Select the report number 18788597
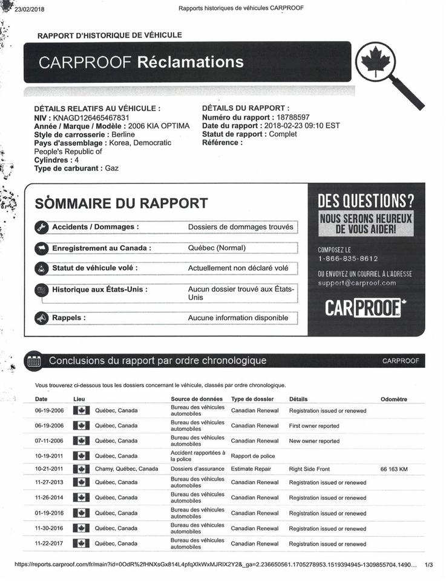coord(292,117)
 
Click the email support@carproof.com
coord(357,283)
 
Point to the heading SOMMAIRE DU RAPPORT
coord(122,203)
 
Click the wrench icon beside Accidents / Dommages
coord(41,228)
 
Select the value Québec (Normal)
coord(217,248)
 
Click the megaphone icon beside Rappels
coord(41,318)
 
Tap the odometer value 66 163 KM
coord(394,469)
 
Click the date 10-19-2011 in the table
coord(50,456)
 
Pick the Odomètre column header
coord(394,399)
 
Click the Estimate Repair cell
coord(251,469)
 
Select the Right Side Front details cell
coord(309,469)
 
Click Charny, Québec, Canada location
coord(126,469)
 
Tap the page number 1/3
coord(429,565)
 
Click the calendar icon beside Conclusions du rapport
coord(34,361)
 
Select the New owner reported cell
coord(314,441)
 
